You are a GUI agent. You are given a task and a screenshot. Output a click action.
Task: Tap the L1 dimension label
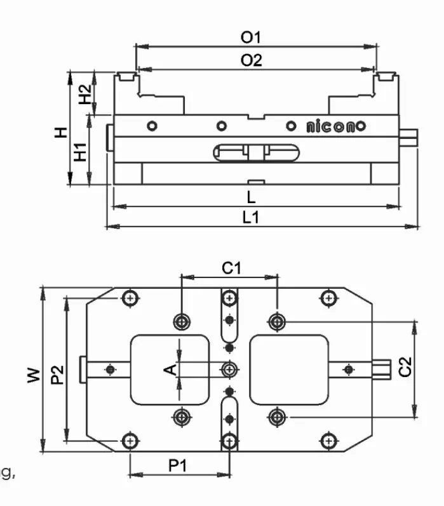tap(251, 217)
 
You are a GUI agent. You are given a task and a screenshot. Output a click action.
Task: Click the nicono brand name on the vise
tap(335, 126)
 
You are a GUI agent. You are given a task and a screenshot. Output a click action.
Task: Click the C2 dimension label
tap(405, 368)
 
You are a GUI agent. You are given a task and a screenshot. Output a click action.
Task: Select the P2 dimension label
tap(57, 375)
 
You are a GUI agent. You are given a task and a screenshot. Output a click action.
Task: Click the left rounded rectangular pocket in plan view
tap(170, 369)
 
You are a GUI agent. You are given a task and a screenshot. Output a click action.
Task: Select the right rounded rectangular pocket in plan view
tap(290, 369)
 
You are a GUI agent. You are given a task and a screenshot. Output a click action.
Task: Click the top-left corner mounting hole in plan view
tap(130, 297)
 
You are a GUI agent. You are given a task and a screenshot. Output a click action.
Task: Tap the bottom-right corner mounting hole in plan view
tap(328, 440)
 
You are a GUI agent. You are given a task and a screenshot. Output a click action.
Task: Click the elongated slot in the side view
tap(259, 152)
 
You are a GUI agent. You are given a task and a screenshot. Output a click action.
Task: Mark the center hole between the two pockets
tap(229, 369)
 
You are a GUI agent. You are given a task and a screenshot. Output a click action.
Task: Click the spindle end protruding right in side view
tap(410, 135)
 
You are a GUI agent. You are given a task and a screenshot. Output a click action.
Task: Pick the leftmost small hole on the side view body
tap(151, 125)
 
